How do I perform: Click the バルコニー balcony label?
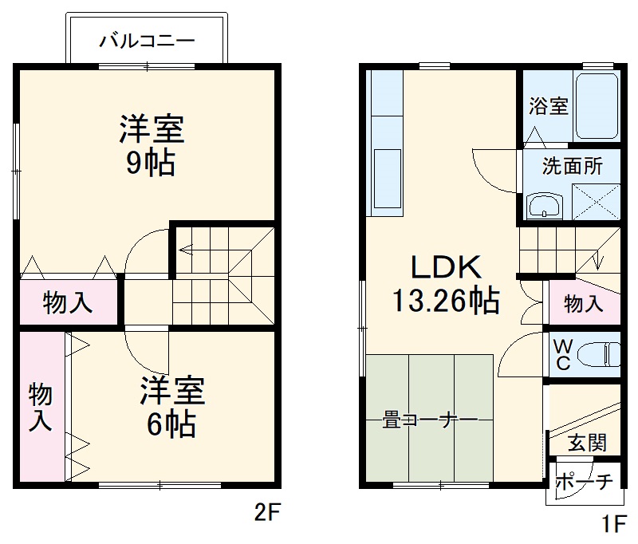coord(147,41)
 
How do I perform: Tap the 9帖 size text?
coord(151,162)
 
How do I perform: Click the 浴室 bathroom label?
coord(549,105)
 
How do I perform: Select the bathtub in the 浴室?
coord(596,107)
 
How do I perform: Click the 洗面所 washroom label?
coord(573,167)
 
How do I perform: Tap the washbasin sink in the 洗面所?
coord(545,206)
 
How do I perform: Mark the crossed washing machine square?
coord(596,201)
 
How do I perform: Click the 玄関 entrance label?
coord(587,443)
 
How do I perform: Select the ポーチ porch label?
coord(585,482)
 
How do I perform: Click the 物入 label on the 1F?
coord(584,303)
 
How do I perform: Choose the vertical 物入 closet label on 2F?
coord(41,407)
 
